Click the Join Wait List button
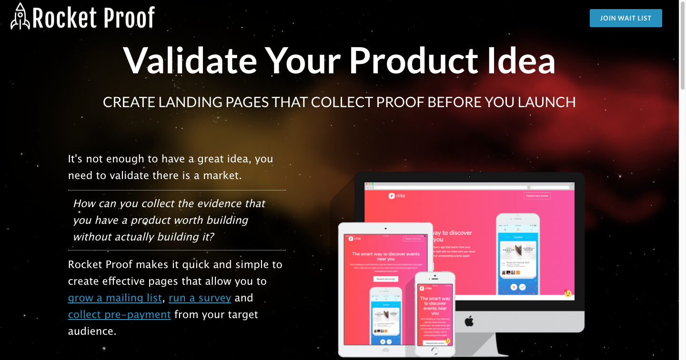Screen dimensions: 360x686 625,18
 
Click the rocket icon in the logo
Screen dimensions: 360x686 20,17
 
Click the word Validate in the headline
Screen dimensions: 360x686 190,60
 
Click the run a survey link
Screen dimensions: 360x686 200,298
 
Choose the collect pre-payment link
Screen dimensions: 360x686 120,315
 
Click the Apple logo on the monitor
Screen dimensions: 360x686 469,320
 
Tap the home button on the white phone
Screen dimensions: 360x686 434,351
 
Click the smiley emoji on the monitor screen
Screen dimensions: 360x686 567,293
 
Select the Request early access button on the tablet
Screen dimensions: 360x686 385,279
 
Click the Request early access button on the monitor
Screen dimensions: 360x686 537,196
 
